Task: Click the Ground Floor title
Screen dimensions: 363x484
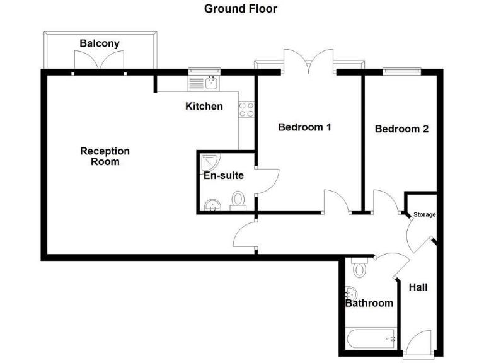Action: [x=240, y=9]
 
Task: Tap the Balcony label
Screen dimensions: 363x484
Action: [x=100, y=43]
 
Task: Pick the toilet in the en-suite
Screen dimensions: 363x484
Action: [x=238, y=201]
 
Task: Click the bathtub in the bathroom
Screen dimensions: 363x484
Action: [x=371, y=339]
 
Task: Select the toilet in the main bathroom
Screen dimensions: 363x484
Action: [x=360, y=268]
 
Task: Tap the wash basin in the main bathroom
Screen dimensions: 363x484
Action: [x=351, y=293]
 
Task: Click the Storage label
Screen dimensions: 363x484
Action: [x=424, y=215]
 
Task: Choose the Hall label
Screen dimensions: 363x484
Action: [x=418, y=287]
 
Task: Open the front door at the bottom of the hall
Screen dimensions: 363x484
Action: [x=418, y=345]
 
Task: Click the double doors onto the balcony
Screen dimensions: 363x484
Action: [x=100, y=62]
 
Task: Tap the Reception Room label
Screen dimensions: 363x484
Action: [x=105, y=156]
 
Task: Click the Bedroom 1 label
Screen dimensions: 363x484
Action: [x=305, y=127]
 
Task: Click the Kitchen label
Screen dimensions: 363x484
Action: [x=204, y=106]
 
